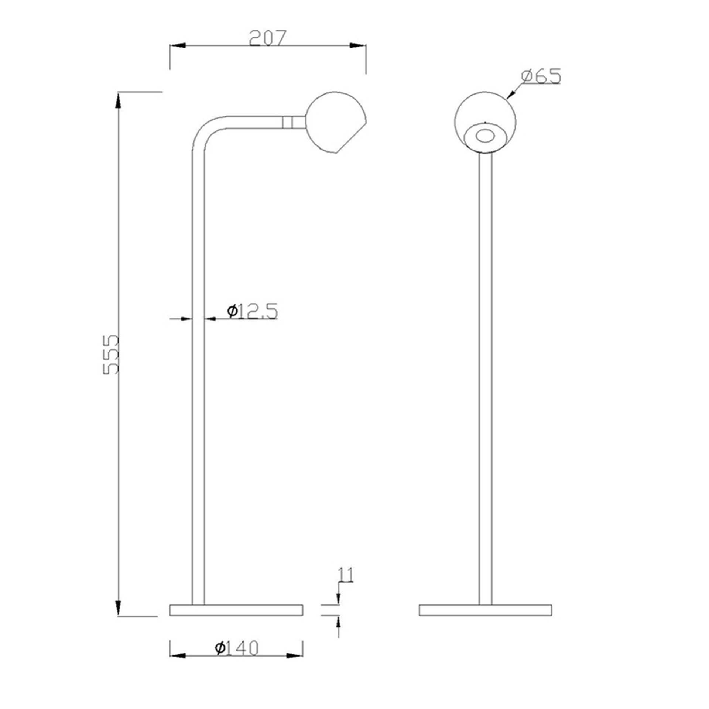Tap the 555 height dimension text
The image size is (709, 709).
(111, 355)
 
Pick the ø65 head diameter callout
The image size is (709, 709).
(541, 76)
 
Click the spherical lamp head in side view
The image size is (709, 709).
(336, 122)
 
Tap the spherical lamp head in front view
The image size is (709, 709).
(485, 122)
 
